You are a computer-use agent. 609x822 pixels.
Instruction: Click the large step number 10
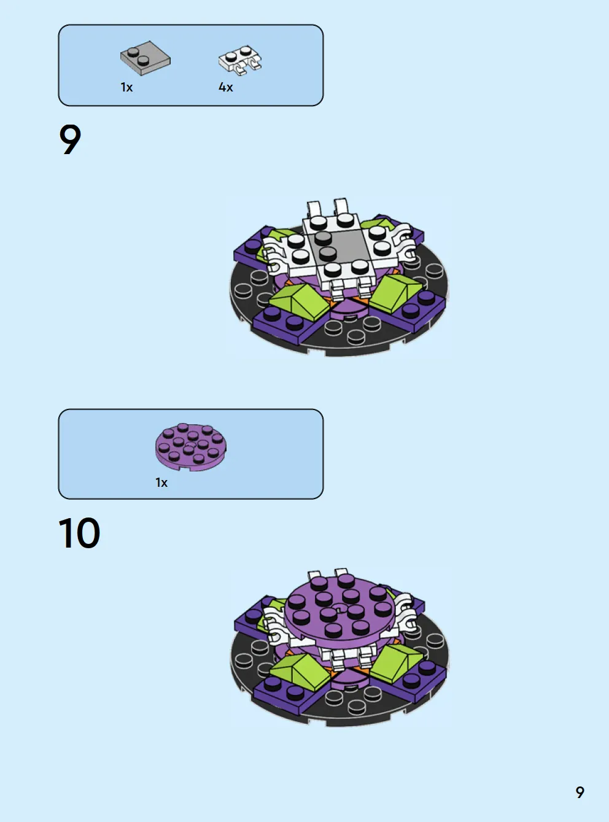click(x=79, y=533)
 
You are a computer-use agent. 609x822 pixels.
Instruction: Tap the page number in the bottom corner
click(x=580, y=792)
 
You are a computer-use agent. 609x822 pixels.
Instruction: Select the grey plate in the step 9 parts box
click(x=145, y=58)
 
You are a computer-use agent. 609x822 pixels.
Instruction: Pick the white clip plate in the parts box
click(x=240, y=60)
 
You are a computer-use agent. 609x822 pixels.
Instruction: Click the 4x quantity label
click(x=225, y=87)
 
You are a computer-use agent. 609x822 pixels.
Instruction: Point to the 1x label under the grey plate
click(x=126, y=87)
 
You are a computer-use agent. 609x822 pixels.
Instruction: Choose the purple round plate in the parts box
click(x=190, y=447)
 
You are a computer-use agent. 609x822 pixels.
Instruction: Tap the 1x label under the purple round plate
click(x=161, y=483)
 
